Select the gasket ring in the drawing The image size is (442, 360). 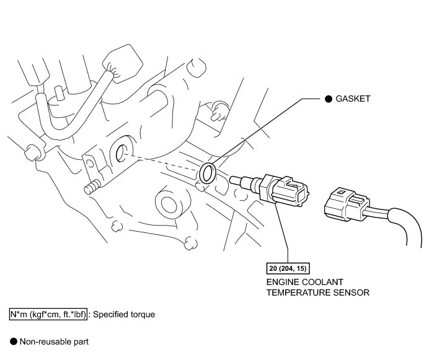click(208, 170)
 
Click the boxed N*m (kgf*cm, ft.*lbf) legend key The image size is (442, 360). click(49, 314)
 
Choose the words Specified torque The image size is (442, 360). click(124, 314)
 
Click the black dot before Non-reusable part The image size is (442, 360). click(13, 340)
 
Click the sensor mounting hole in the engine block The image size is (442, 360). click(122, 152)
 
